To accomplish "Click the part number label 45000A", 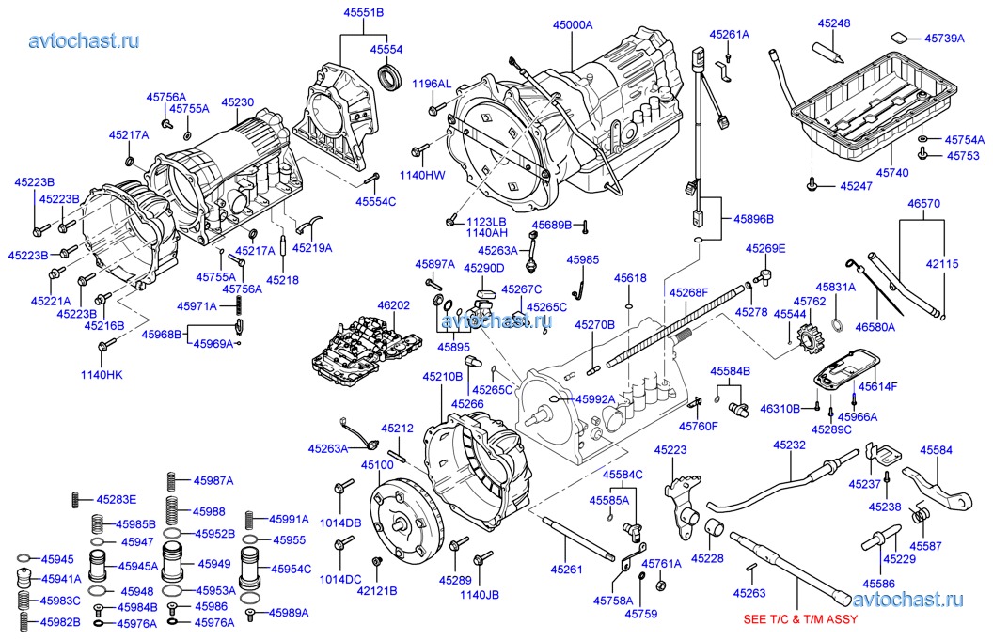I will tap(573, 25).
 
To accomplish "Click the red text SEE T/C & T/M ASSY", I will tap(799, 620).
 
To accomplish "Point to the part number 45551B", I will tap(367, 12).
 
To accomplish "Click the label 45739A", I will tap(944, 39).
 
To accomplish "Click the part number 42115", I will tap(940, 265).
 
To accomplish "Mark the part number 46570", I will tap(923, 204).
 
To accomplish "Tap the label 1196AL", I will tap(432, 84).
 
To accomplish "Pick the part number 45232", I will tap(790, 445).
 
